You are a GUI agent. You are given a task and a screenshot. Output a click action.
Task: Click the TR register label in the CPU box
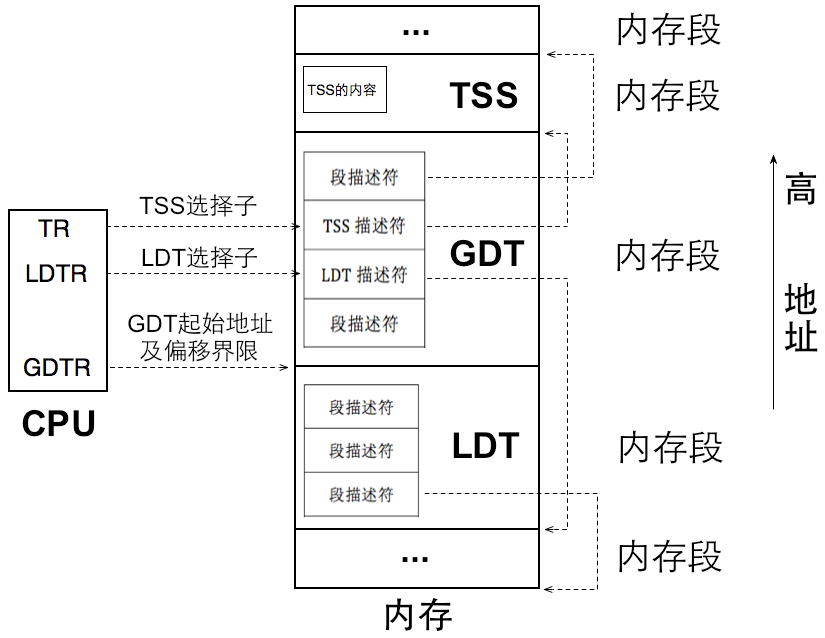(x=54, y=229)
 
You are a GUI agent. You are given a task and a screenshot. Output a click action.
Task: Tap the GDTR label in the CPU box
(x=57, y=368)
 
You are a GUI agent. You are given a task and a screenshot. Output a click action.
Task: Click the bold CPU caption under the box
(x=59, y=424)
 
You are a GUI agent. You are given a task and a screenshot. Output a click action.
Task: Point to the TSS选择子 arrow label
(x=199, y=207)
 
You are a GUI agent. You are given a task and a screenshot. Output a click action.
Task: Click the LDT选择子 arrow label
(x=199, y=258)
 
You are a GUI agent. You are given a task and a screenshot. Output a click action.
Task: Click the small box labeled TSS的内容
(x=345, y=90)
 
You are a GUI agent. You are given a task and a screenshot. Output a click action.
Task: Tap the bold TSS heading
(x=484, y=95)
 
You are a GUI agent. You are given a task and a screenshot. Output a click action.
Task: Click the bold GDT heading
(x=487, y=254)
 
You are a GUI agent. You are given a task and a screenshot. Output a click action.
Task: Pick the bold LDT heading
(x=486, y=446)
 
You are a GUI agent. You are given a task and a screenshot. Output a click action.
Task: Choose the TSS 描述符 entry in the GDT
(x=364, y=226)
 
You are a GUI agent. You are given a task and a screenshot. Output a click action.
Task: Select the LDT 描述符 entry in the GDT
(x=364, y=275)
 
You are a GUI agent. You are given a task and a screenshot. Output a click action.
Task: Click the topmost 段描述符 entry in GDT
(x=364, y=177)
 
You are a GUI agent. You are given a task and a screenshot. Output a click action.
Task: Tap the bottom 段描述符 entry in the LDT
(x=361, y=494)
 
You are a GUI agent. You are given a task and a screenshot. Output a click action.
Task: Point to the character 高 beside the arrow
(x=800, y=189)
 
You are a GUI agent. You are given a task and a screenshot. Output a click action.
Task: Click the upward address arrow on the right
(x=772, y=280)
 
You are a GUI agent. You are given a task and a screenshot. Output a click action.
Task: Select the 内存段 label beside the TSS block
(x=668, y=96)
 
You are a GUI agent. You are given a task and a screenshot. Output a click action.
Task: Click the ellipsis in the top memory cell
(x=415, y=31)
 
